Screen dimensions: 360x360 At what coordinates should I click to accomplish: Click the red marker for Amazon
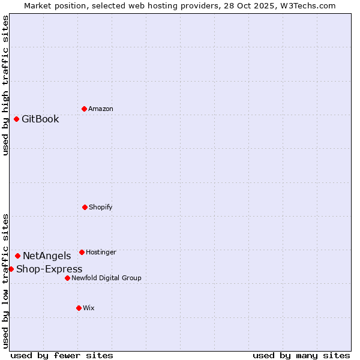point(84,109)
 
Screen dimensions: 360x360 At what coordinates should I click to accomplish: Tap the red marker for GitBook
point(16,119)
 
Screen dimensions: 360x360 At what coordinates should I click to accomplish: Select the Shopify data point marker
point(85,207)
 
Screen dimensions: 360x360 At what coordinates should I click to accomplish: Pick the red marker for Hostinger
point(82,252)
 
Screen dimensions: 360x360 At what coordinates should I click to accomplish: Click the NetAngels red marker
point(17,256)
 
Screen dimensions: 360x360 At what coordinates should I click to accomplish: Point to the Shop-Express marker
point(11,269)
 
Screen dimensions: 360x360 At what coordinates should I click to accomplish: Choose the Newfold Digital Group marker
point(67,278)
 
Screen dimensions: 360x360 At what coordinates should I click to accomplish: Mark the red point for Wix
point(79,308)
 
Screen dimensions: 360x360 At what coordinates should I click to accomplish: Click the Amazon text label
point(101,109)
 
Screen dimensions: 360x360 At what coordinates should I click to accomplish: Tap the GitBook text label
point(40,119)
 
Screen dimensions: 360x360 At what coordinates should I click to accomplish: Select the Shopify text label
point(101,207)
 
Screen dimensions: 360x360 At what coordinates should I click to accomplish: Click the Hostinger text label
point(101,252)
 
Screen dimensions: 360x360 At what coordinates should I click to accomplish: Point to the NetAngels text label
point(47,256)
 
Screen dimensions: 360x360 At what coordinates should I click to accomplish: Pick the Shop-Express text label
point(49,269)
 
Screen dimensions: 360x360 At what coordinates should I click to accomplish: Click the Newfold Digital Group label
point(107,278)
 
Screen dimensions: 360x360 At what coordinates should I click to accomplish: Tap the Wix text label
point(89,308)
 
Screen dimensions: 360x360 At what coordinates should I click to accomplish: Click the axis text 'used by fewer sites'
point(62,355)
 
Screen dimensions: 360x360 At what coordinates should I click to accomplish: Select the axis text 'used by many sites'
point(301,355)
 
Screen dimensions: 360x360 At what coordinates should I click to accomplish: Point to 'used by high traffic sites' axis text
point(5,86)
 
